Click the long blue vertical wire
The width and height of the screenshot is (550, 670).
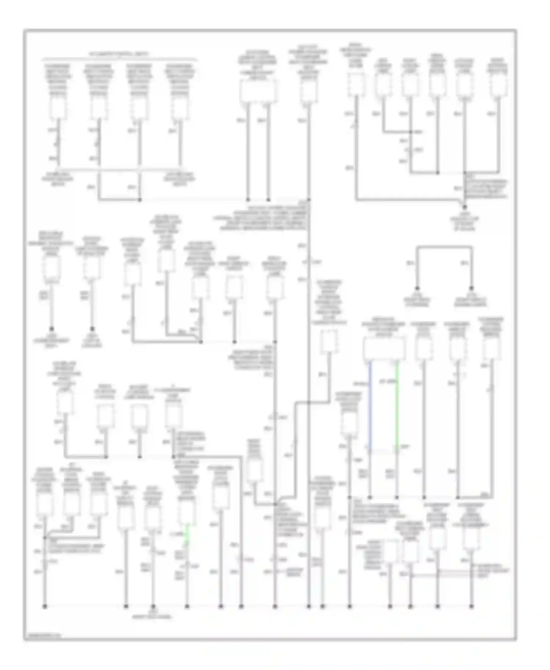[370, 403]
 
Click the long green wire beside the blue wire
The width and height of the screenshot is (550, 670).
[397, 403]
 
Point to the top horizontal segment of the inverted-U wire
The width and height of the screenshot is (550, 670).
[444, 248]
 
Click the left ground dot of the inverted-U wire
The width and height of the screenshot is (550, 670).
[417, 288]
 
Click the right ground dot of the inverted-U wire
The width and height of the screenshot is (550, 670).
[471, 288]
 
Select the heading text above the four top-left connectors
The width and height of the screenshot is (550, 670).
[119, 54]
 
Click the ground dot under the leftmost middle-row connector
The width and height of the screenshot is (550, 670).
[52, 329]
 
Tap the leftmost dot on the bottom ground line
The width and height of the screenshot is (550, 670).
[45, 607]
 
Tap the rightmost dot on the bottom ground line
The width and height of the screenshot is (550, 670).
[471, 607]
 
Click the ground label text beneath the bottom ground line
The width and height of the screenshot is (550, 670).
[153, 615]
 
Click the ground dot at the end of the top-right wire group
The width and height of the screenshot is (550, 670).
[465, 207]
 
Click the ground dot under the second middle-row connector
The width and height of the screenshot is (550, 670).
[92, 329]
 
